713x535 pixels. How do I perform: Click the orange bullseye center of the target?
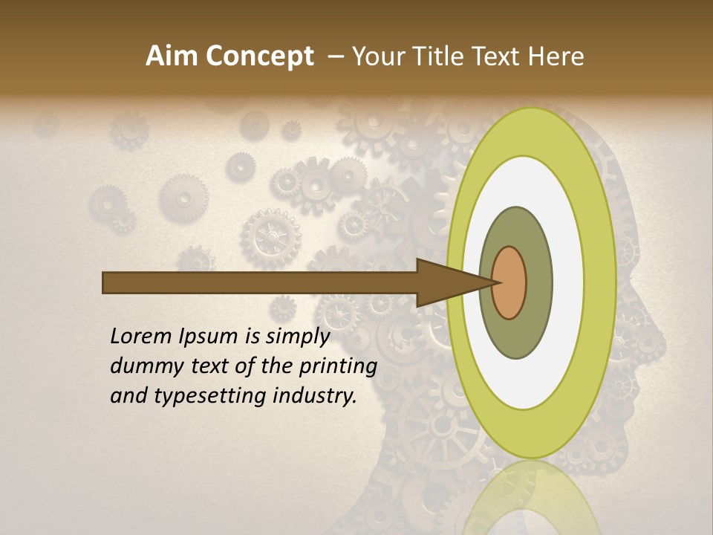point(509,282)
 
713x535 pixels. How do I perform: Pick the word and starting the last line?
point(128,396)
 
